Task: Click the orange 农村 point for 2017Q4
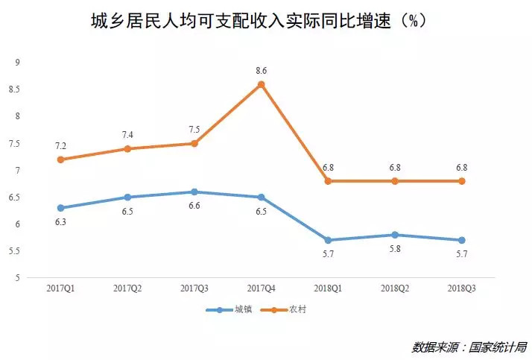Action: tap(261, 84)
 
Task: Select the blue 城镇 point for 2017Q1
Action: tap(60, 208)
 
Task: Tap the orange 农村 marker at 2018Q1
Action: tap(328, 181)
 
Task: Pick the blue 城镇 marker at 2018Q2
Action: tap(395, 235)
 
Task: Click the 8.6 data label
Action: tap(261, 71)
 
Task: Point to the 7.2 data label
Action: tap(60, 146)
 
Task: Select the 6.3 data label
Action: tap(60, 221)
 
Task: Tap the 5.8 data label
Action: tap(395, 248)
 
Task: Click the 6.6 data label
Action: tap(194, 206)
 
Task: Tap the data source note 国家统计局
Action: tap(469, 347)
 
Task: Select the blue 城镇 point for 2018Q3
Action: tap(461, 240)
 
